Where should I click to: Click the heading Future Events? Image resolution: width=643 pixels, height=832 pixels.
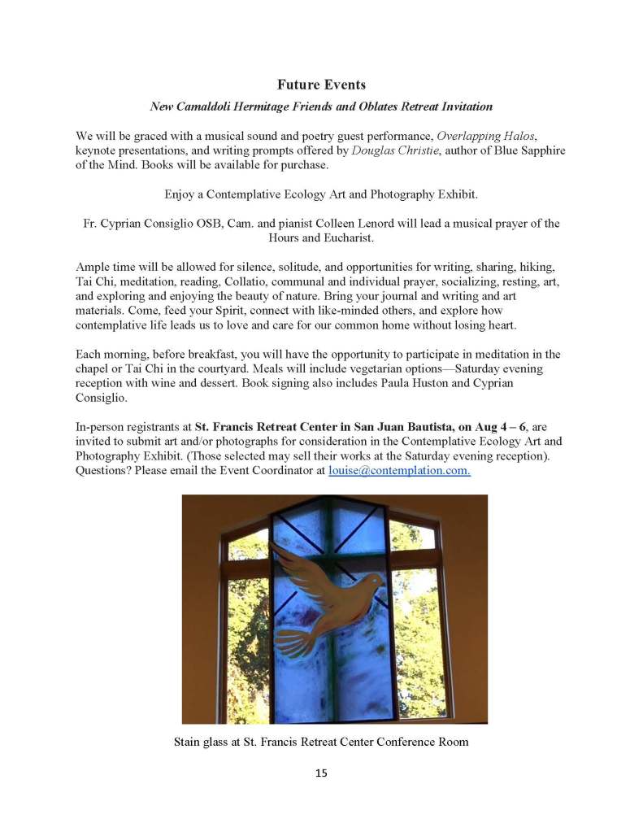click(321, 85)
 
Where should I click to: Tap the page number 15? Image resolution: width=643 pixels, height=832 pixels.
click(321, 773)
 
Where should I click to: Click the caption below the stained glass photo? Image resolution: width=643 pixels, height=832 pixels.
click(321, 742)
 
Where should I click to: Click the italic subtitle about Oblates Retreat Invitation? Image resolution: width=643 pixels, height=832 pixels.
click(321, 107)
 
